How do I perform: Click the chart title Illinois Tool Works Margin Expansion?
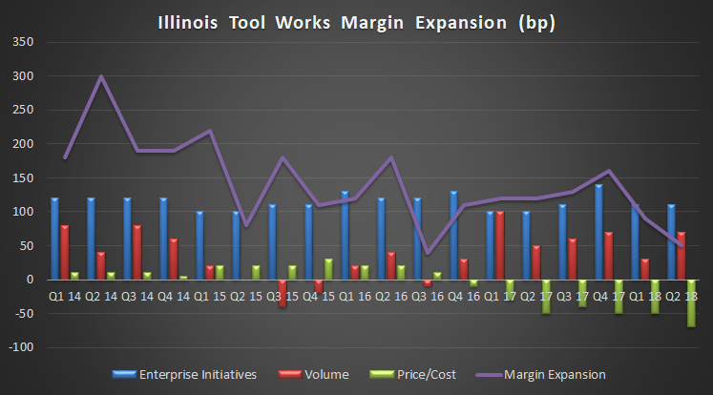356,20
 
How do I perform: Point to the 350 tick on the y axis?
22,42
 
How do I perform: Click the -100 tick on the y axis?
19,347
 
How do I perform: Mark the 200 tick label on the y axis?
22,144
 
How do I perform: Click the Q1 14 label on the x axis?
64,296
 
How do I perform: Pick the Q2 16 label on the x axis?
390,296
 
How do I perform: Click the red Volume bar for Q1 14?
64,252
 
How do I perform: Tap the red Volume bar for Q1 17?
499,245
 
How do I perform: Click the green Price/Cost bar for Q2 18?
691,303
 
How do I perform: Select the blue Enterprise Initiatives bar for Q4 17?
598,232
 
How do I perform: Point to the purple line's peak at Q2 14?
101,76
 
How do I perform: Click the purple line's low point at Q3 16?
427,253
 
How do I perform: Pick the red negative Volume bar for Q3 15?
283,293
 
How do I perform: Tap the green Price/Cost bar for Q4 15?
328,269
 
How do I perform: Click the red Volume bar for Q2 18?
681,256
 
